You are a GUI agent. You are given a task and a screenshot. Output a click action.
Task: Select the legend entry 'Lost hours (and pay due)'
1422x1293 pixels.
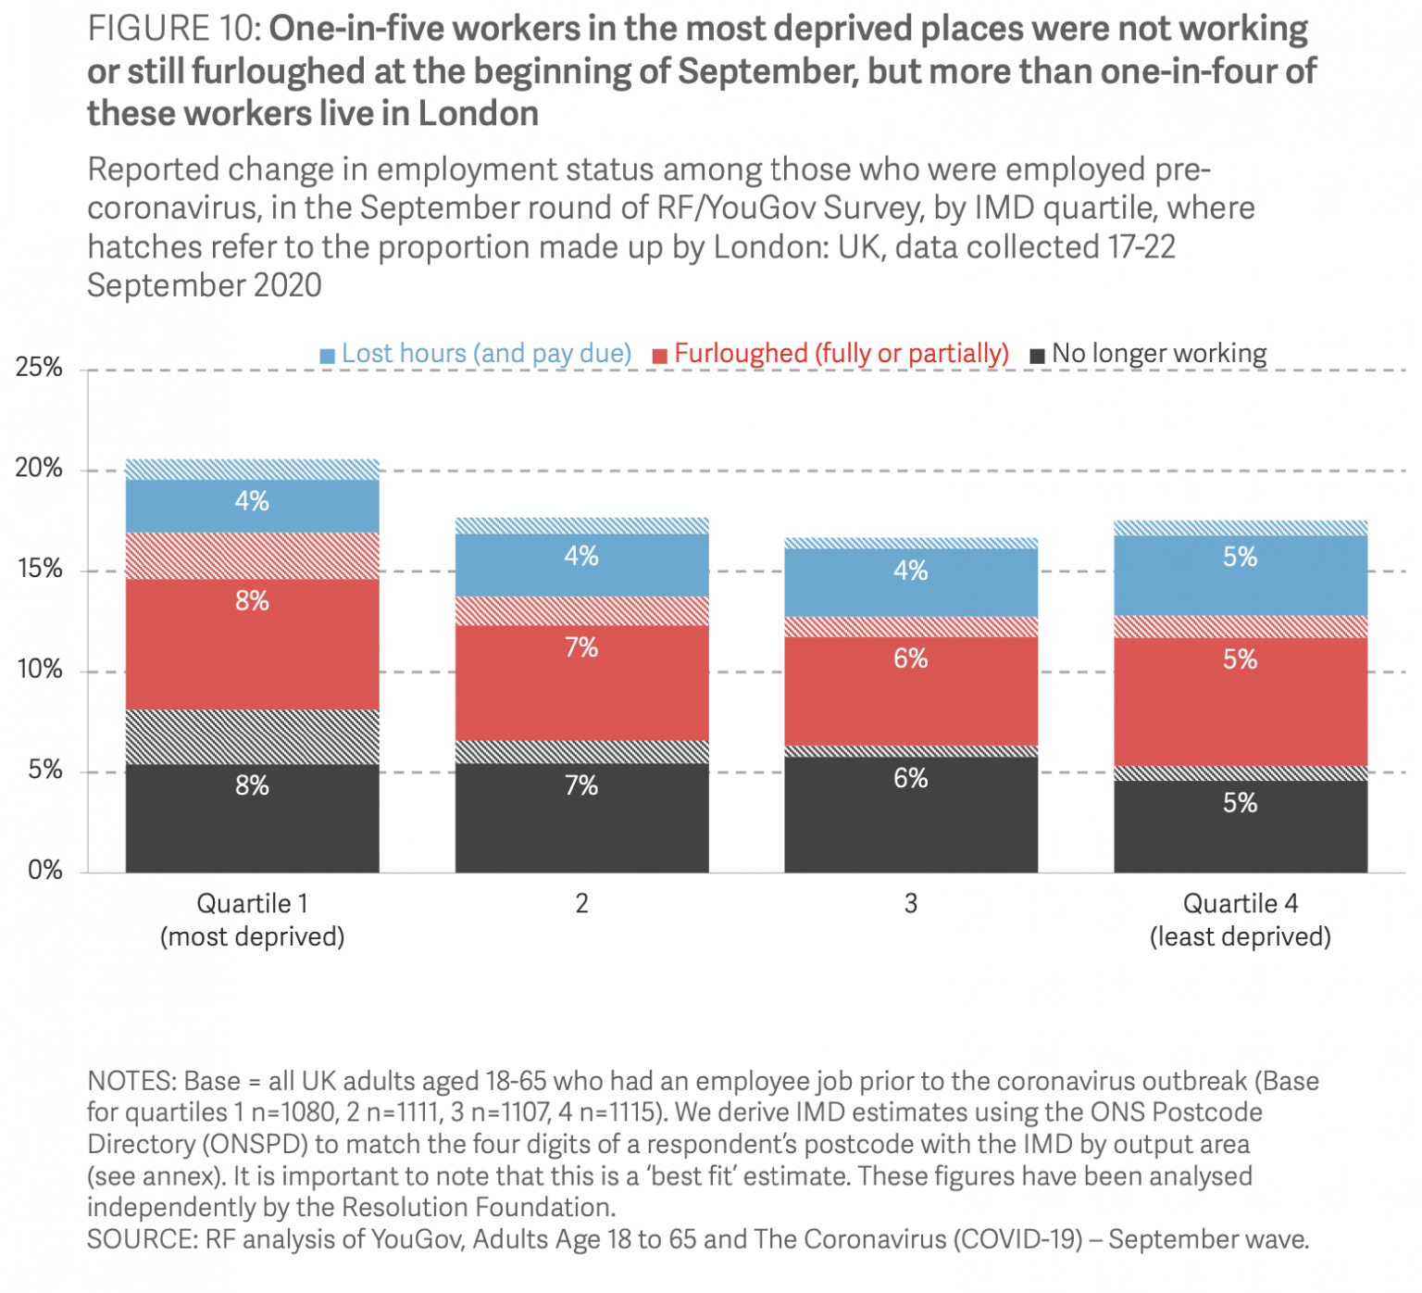coord(486,354)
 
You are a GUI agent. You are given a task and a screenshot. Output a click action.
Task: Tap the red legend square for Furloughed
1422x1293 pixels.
coord(660,356)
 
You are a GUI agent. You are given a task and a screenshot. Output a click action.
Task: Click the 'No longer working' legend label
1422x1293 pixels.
coord(1159,354)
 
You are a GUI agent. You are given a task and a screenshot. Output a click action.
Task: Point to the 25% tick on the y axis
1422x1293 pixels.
coord(39,368)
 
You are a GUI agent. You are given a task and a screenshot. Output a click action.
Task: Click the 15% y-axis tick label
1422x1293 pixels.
coord(39,569)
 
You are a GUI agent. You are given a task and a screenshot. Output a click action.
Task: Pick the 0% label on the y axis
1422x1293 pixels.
coord(44,871)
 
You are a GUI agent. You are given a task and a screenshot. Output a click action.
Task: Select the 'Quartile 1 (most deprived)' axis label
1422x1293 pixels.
coord(252,920)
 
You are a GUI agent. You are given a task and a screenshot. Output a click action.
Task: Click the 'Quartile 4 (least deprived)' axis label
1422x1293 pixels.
coord(1240,920)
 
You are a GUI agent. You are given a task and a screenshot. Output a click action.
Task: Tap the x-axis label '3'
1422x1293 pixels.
coord(911,904)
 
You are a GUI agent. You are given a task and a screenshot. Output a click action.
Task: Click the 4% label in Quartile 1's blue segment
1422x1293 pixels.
coord(252,502)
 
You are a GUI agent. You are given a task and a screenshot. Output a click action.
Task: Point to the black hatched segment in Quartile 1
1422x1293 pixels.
coord(252,737)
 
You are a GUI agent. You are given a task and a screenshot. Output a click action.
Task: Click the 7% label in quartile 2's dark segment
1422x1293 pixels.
coord(581,786)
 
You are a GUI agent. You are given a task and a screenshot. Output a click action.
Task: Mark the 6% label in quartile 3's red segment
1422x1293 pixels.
coord(911,659)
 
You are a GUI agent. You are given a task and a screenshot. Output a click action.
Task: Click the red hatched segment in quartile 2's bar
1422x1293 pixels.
coord(581,611)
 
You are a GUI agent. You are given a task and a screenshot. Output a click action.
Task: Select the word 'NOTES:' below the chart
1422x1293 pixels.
coord(131,1082)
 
